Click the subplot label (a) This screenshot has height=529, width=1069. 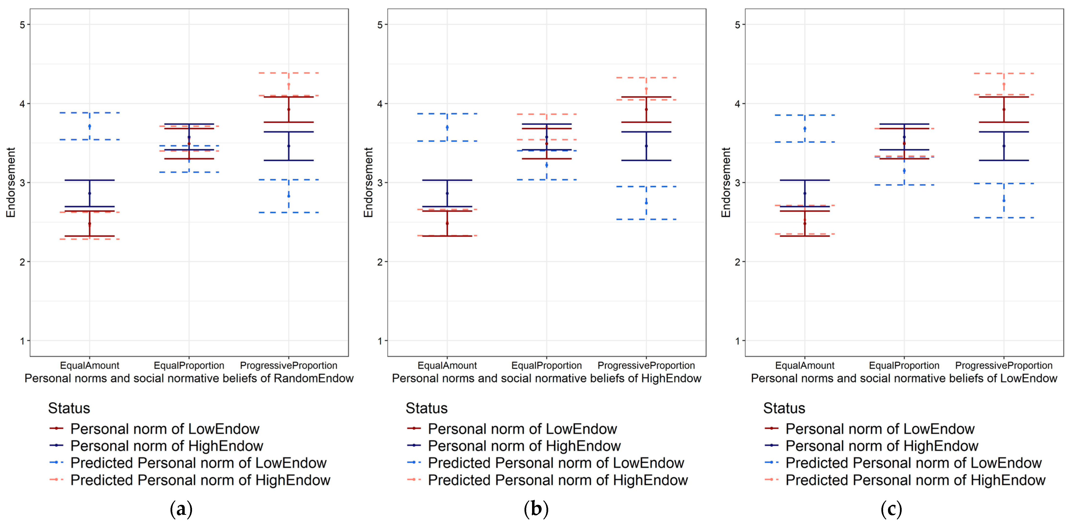point(181,509)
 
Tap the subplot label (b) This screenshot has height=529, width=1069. point(536,509)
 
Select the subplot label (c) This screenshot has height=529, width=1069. point(891,509)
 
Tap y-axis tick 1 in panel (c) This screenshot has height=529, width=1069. point(738,341)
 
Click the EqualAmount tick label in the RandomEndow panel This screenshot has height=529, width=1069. point(90,365)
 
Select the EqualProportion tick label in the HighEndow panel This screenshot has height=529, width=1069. point(546,365)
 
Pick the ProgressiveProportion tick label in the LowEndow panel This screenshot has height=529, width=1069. point(1004,365)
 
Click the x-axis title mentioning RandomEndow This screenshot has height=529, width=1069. point(189,378)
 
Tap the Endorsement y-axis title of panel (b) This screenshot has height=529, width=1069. point(368,182)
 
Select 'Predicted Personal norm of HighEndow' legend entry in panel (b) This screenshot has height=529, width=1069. point(558,480)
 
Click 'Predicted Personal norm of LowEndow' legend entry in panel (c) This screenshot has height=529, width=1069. point(913,463)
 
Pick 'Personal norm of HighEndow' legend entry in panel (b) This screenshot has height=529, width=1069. point(524,446)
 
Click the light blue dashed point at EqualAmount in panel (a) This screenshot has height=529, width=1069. point(90,126)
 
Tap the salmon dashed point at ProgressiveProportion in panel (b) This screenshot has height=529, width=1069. point(646,89)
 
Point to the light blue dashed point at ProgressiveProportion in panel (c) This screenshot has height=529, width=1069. point(1004,200)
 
